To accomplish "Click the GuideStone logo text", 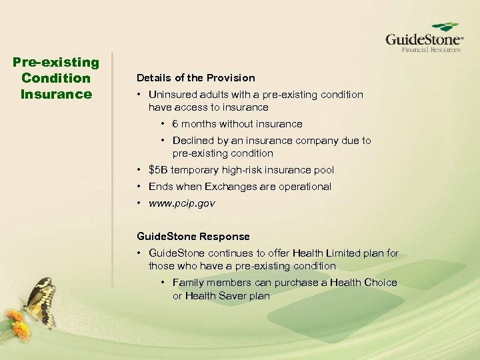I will coord(423,38).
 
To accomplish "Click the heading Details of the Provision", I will coord(195,78).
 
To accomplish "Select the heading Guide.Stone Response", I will coord(193,237).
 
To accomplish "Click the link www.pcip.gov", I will coord(181,203).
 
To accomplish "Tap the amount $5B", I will coord(157,170).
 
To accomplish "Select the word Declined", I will coord(193,141).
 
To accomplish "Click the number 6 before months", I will coord(175,124).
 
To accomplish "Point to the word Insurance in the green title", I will coord(56,94).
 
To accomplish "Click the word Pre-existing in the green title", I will coord(56,63).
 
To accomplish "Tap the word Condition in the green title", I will coord(56,78).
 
